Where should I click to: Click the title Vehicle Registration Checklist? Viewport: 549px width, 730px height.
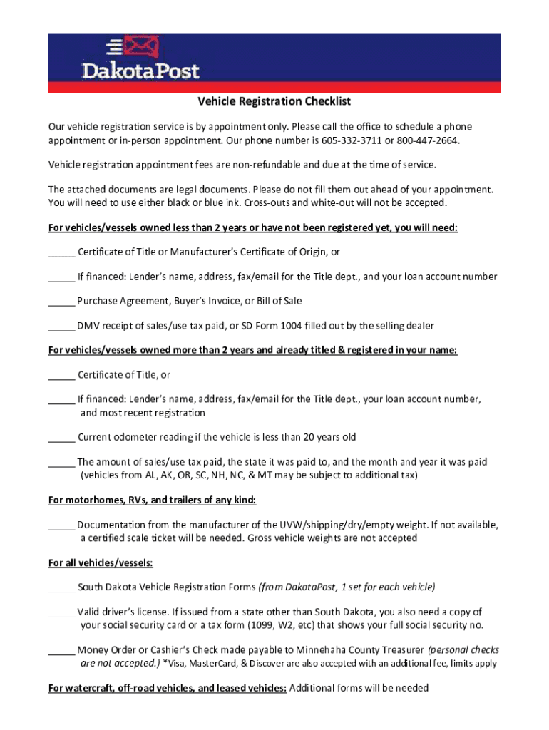[274, 102]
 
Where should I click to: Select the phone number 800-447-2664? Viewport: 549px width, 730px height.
[427, 140]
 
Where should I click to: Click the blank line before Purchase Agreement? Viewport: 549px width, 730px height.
[61, 302]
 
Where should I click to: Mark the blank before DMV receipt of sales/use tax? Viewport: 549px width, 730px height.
[61, 327]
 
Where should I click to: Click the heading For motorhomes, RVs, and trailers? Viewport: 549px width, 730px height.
[152, 500]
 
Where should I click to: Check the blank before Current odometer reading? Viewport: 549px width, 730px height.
[61, 438]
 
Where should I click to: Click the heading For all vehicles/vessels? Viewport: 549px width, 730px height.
[101, 562]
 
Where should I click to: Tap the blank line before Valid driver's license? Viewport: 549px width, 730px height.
[61, 612]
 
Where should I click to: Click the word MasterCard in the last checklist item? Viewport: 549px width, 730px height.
[211, 664]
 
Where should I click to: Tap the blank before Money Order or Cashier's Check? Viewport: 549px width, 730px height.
[61, 650]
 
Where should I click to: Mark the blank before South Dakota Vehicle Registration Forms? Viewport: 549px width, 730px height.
[61, 588]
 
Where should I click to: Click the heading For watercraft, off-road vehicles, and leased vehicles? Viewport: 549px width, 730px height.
[168, 688]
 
